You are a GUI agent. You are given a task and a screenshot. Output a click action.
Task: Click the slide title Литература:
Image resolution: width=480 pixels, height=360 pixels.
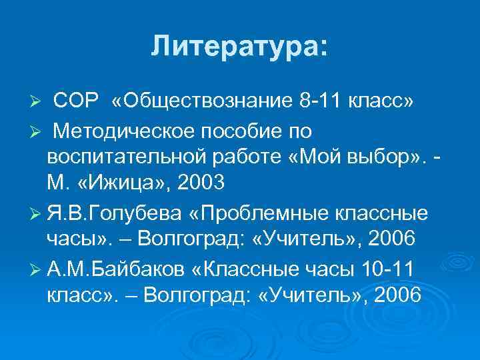pyautogui.click(x=239, y=47)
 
